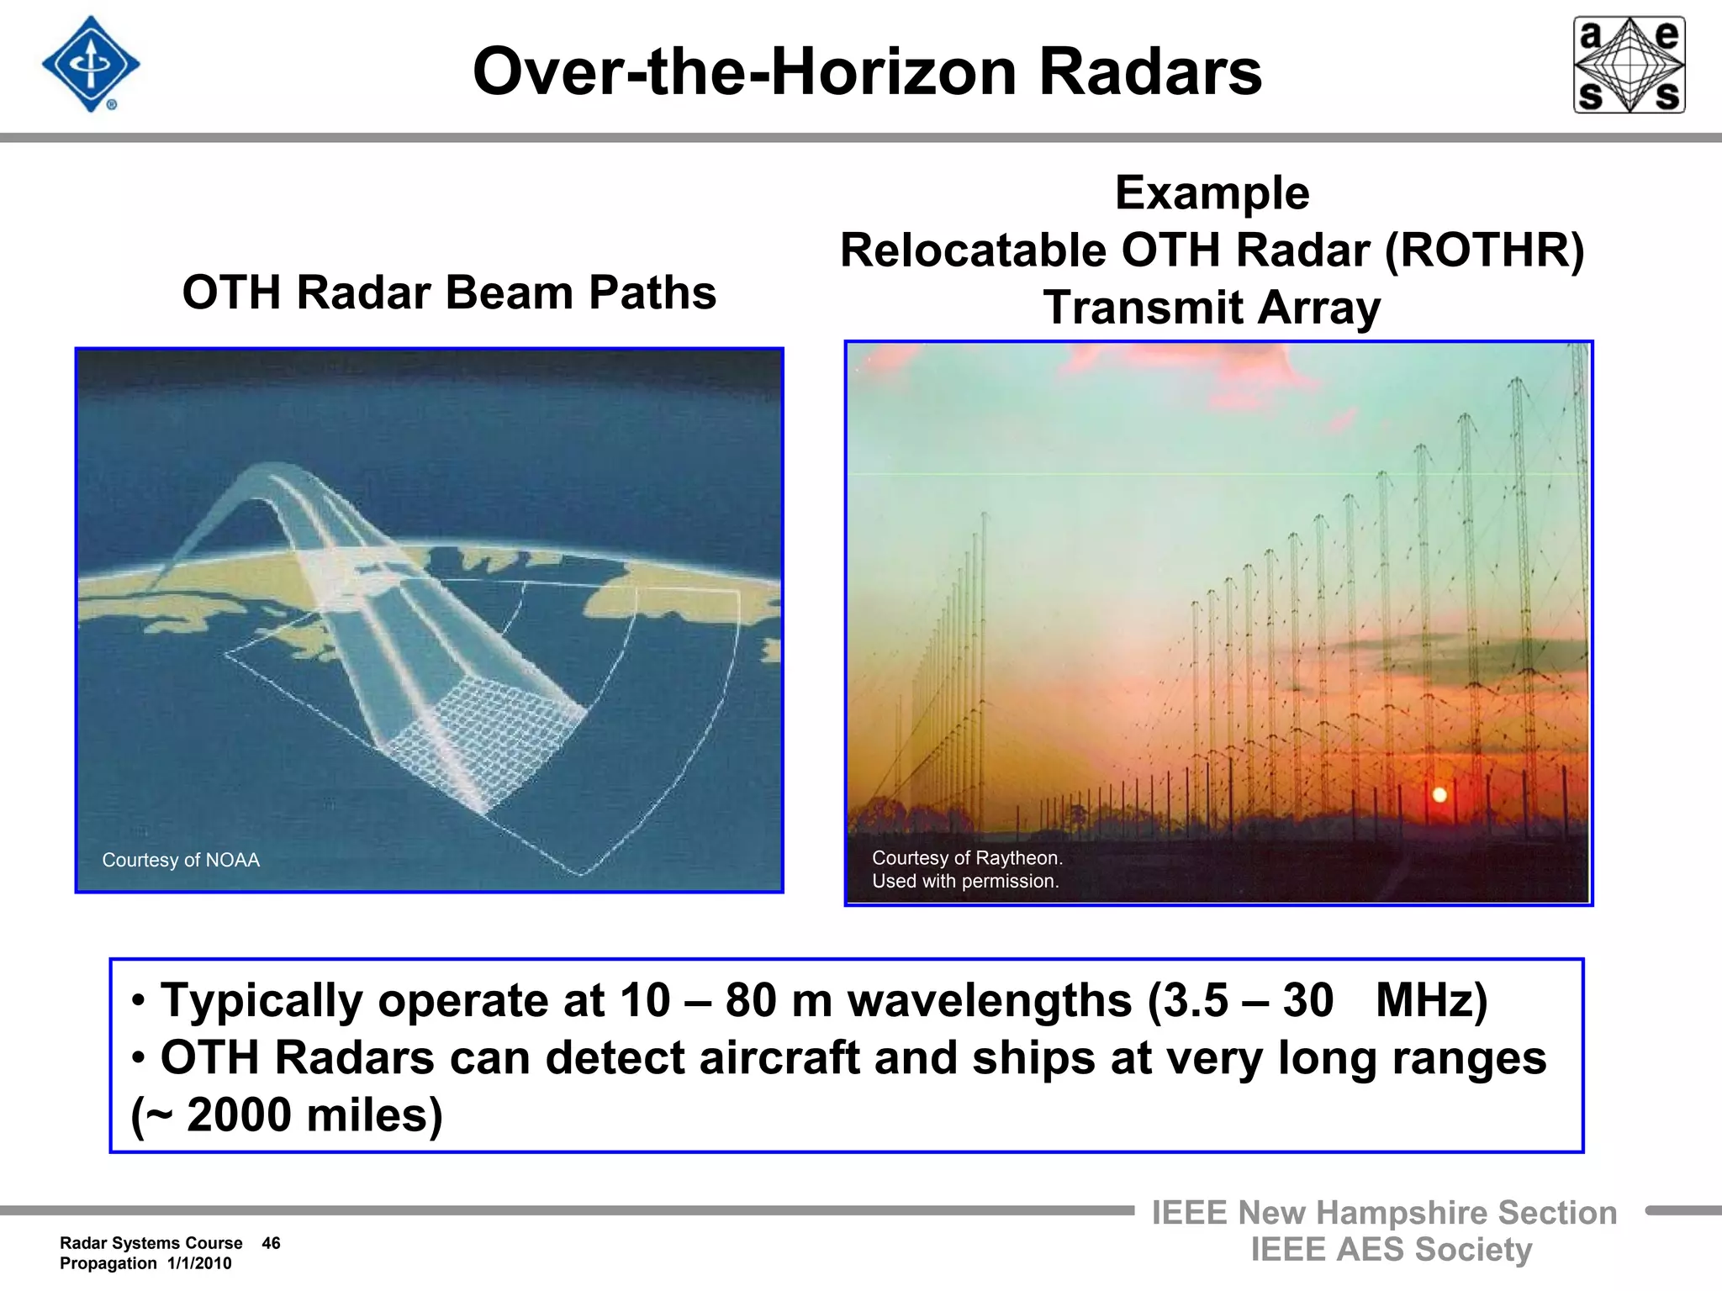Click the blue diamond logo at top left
pyautogui.click(x=91, y=65)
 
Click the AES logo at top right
pyautogui.click(x=1629, y=65)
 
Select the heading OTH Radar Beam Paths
pyautogui.click(x=449, y=292)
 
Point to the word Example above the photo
pyautogui.click(x=1212, y=193)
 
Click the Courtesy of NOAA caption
pyautogui.click(x=181, y=860)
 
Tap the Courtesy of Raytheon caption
pyautogui.click(x=967, y=858)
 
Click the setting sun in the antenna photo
pyautogui.click(x=1439, y=794)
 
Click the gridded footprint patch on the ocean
pyautogui.click(x=483, y=740)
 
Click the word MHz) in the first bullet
pyautogui.click(x=1431, y=1000)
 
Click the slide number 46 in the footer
pyautogui.click(x=271, y=1243)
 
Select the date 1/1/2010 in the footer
pyautogui.click(x=199, y=1263)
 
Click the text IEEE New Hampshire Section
pyautogui.click(x=1384, y=1213)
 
